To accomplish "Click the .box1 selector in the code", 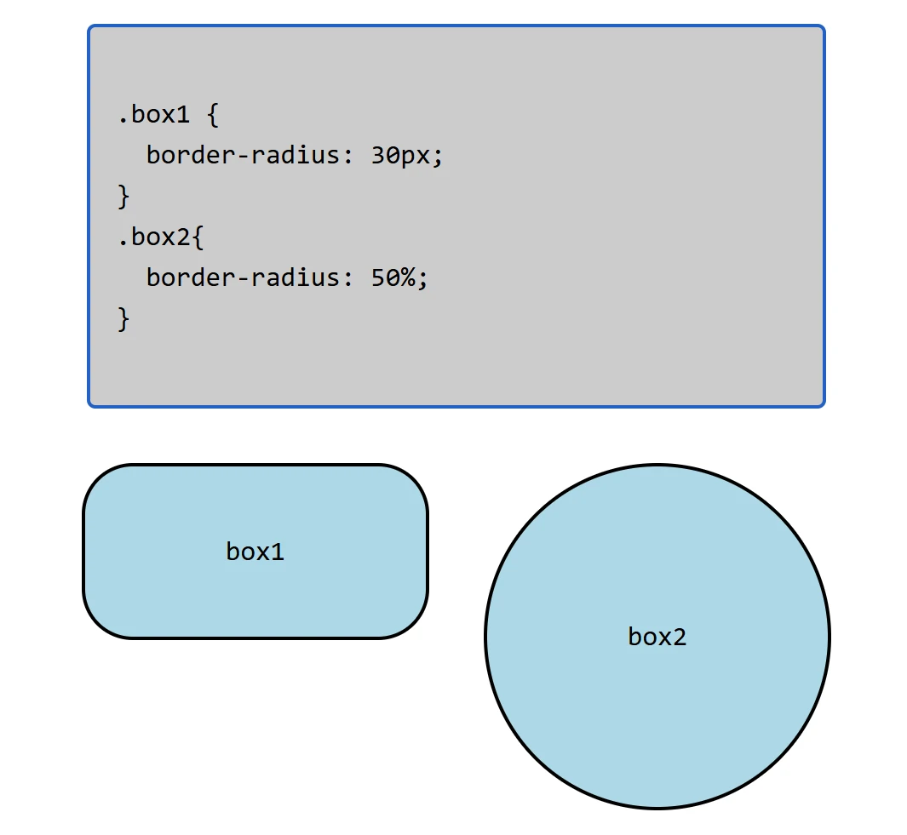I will [154, 114].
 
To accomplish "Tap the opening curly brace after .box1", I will [213, 114].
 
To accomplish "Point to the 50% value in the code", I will [399, 277].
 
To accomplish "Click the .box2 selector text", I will [154, 237].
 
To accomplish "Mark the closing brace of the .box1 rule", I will [124, 197].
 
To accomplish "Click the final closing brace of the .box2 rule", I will [124, 319].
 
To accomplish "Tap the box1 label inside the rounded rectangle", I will [255, 552].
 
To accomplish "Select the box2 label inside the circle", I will [657, 637].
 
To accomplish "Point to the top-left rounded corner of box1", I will [99, 480].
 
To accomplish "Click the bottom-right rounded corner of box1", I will [412, 622].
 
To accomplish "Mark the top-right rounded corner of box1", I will [412, 480].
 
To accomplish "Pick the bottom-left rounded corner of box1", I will [99, 622].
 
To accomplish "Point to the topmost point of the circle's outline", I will [657, 466].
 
